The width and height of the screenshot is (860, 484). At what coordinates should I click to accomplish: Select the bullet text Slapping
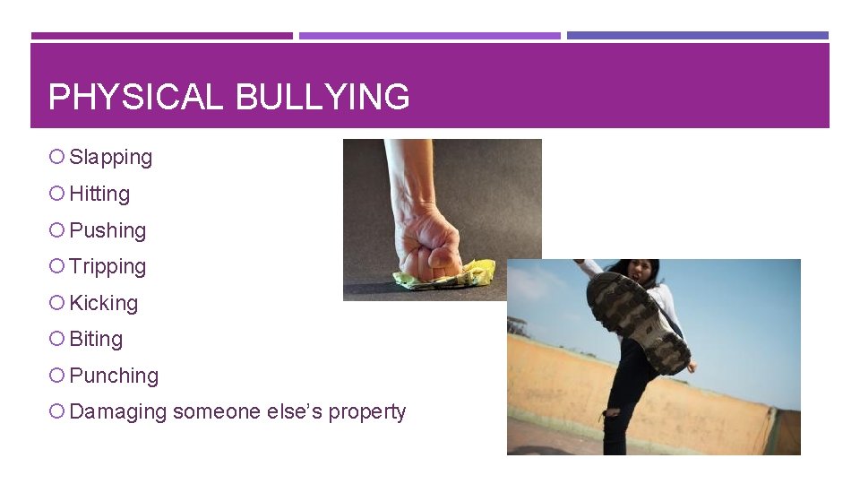111,158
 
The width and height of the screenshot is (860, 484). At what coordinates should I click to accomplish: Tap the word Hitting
99,194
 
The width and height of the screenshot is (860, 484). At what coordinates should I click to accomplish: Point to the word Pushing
107,230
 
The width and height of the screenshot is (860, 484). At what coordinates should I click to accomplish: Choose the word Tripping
107,266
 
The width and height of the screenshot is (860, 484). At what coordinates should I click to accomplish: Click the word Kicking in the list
104,303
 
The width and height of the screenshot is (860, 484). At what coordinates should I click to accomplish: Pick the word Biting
96,339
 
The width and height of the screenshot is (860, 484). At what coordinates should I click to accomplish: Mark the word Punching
114,376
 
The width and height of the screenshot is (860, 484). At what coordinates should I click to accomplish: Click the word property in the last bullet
367,412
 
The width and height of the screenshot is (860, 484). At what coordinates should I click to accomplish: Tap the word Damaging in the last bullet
118,412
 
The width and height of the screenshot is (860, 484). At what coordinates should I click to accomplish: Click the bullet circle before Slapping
57,158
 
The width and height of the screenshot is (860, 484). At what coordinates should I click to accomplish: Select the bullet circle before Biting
57,339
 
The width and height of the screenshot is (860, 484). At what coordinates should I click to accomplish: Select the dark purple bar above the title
161,36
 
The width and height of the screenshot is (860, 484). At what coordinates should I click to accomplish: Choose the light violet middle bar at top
429,36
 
